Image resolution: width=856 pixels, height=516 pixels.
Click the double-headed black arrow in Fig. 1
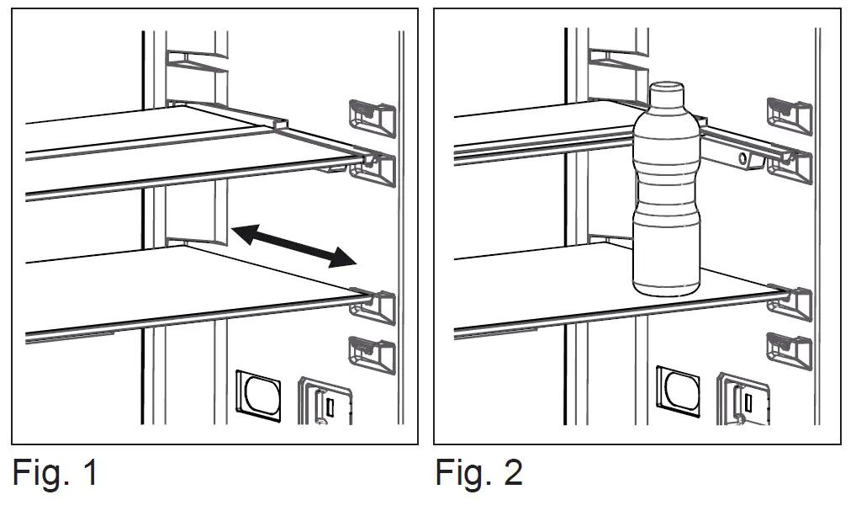[x=293, y=245]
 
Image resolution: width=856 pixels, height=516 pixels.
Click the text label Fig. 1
[x=55, y=473]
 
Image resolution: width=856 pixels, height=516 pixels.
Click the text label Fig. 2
[x=478, y=473]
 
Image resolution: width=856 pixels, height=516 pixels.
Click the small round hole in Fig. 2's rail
[x=742, y=157]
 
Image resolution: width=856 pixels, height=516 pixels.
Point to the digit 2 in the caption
[x=510, y=473]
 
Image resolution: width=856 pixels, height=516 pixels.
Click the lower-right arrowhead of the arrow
[x=342, y=258]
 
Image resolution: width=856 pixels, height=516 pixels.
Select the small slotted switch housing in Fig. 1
[x=325, y=402]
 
